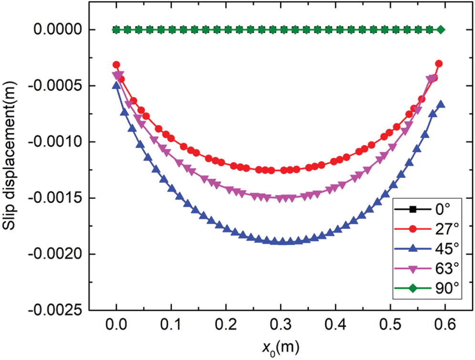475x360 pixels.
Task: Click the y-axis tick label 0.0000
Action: tap(57, 30)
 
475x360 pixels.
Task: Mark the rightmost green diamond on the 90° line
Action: tap(441, 30)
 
